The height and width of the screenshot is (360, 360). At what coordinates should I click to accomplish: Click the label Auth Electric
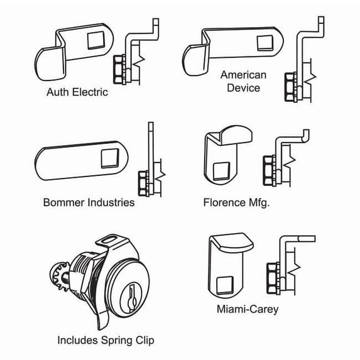77,92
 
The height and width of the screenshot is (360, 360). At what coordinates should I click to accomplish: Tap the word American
243,75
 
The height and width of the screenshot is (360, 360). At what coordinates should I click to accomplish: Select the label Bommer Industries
89,202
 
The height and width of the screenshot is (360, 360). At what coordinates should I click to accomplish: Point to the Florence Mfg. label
236,203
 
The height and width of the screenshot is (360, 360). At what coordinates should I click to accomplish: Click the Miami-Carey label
248,309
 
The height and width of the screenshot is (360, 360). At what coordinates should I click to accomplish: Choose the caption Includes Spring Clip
106,341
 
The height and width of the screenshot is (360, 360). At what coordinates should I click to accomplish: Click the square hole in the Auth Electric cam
96,40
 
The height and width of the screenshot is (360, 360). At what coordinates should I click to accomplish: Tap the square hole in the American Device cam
265,43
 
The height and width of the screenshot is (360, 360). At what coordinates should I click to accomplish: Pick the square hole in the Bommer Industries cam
110,158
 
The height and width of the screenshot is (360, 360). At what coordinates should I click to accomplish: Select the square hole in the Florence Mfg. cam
221,171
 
